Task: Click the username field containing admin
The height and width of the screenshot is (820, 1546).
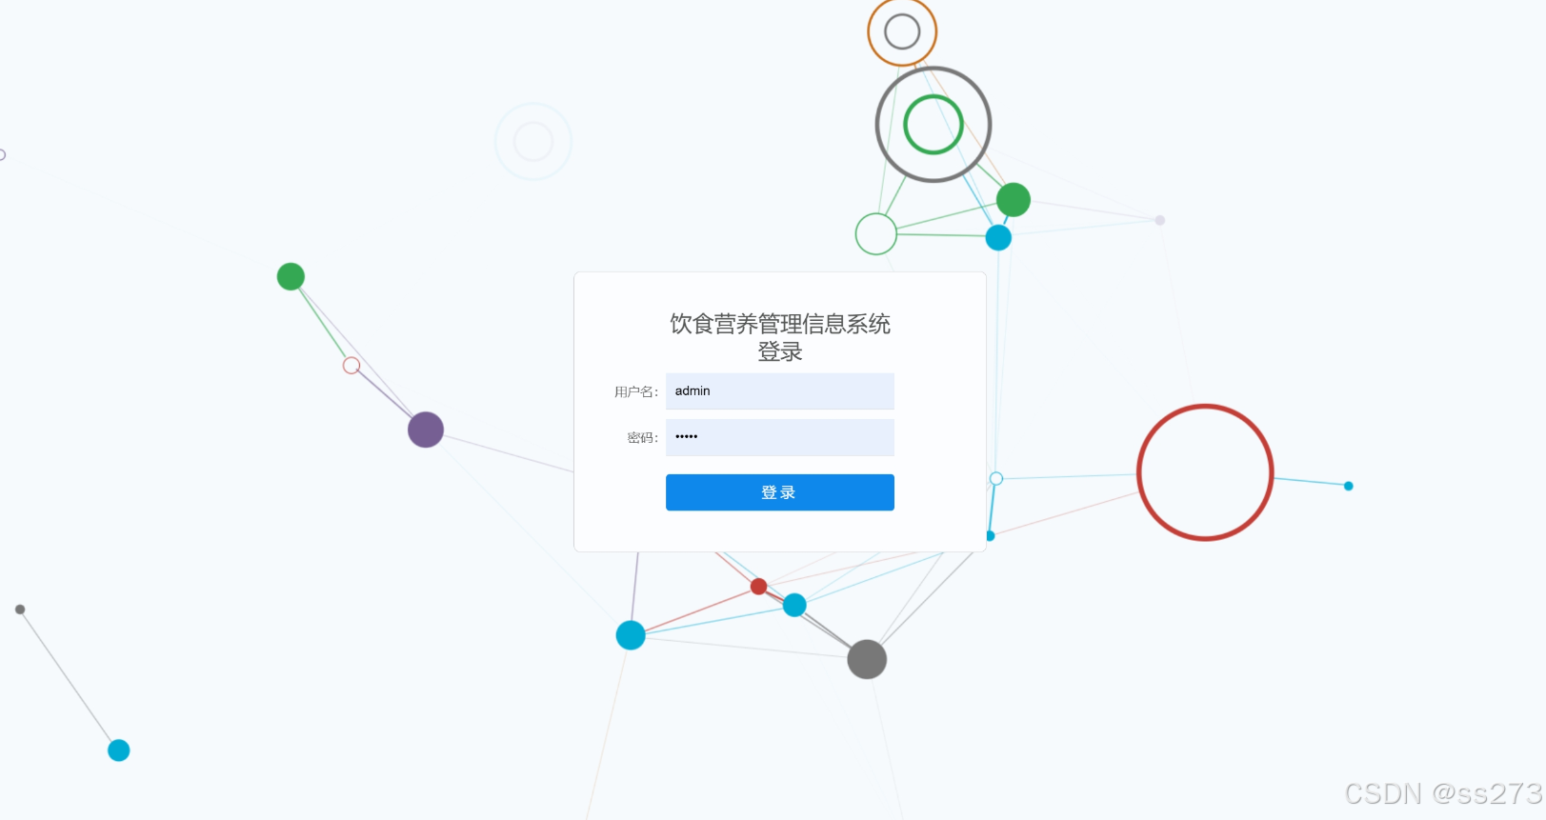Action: [x=779, y=391]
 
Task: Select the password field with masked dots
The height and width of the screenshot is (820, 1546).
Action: [x=779, y=437]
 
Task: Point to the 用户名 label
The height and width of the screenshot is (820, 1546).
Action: [x=635, y=392]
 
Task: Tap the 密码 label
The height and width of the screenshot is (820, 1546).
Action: [x=642, y=438]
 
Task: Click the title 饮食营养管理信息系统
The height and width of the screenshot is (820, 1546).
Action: [x=779, y=324]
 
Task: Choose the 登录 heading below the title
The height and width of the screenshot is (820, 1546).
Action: [x=779, y=352]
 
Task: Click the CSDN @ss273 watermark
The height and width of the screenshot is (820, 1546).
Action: [x=1442, y=793]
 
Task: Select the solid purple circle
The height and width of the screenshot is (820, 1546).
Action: [x=426, y=430]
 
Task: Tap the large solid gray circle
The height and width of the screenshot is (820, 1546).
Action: [x=867, y=659]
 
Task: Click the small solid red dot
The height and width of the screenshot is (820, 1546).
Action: [x=758, y=586]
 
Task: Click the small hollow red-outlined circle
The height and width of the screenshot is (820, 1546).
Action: [x=351, y=366]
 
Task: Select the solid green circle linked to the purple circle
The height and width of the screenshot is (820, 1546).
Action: [x=291, y=276]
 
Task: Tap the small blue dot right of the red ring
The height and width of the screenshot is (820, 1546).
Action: [x=1348, y=486]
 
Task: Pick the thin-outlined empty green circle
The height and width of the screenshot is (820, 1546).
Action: [x=875, y=234]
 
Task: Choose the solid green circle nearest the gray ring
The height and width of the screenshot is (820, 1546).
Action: [x=1013, y=200]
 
